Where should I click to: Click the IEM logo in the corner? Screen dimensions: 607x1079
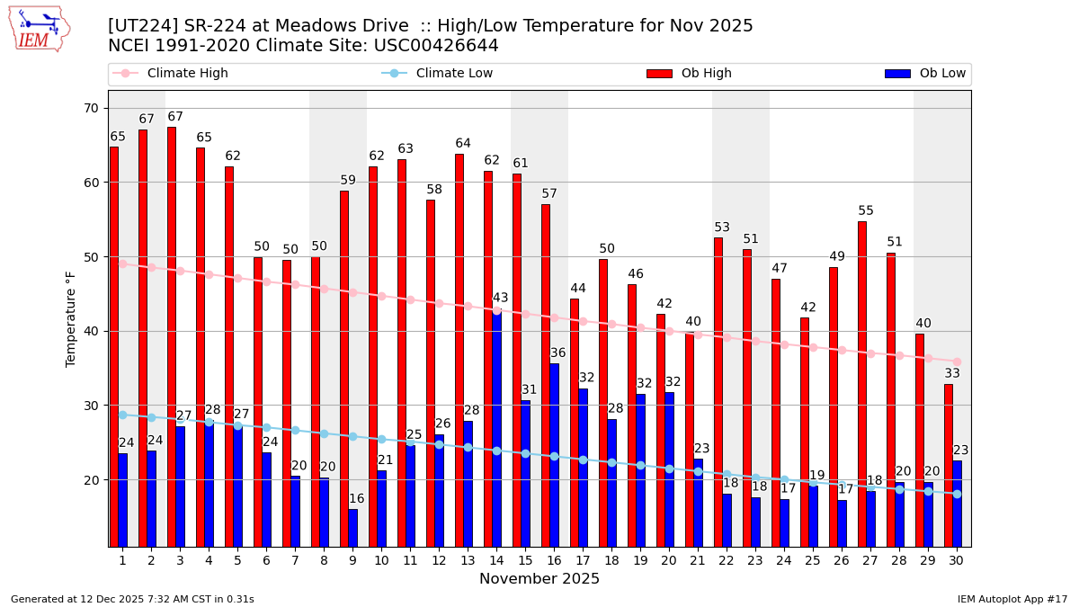39,29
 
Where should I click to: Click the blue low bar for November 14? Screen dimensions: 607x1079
496,427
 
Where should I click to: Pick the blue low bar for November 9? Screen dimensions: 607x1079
352,527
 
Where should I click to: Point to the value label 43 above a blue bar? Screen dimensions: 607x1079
500,299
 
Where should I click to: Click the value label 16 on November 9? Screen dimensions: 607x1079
356,499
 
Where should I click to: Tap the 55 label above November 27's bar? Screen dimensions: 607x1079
866,211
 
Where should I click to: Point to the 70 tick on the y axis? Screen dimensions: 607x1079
91,109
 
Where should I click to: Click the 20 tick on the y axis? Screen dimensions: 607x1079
91,480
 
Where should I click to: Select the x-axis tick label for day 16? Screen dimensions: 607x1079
554,560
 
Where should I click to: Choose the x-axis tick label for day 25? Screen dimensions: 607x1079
813,560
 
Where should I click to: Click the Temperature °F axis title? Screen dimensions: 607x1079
71,318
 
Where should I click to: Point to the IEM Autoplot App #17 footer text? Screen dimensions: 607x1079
1012,599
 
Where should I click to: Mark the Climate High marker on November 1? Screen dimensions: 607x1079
122,263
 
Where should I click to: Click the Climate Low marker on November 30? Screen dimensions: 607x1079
957,494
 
